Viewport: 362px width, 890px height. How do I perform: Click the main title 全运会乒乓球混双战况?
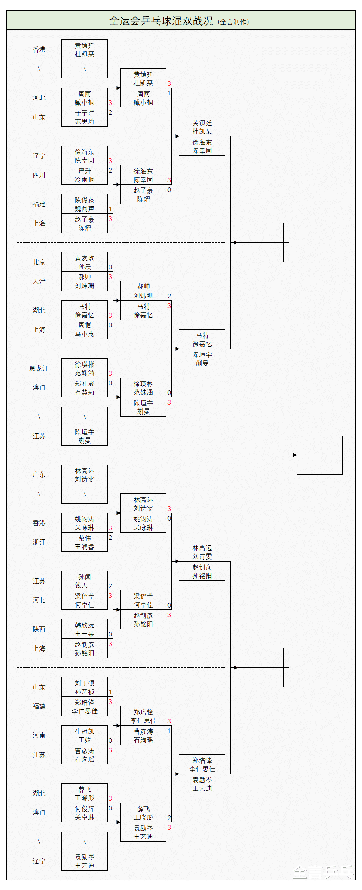pyautogui.click(x=161, y=21)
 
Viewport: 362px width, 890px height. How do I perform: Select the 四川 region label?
pyautogui.click(x=39, y=175)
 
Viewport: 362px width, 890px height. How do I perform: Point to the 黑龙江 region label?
pyautogui.click(x=39, y=368)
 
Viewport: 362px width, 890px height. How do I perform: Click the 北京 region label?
pyautogui.click(x=39, y=262)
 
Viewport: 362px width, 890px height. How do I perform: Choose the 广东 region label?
pyautogui.click(x=39, y=475)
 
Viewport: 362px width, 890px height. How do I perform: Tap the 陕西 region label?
pyautogui.click(x=39, y=629)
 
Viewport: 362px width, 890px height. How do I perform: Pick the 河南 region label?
pyautogui.click(x=39, y=735)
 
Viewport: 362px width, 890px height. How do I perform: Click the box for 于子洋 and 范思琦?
pyautogui.click(x=84, y=117)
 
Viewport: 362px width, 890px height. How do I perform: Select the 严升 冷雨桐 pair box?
pyautogui.click(x=84, y=175)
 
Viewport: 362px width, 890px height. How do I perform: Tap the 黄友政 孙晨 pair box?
pyautogui.click(x=84, y=262)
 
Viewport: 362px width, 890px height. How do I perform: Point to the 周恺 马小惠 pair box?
pyautogui.click(x=84, y=330)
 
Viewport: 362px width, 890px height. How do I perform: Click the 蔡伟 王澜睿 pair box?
pyautogui.click(x=84, y=542)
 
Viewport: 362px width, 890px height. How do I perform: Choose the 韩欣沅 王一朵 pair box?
pyautogui.click(x=84, y=629)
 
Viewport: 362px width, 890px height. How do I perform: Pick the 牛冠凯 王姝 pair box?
pyautogui.click(x=84, y=735)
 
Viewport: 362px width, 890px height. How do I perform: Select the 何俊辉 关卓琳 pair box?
pyautogui.click(x=84, y=813)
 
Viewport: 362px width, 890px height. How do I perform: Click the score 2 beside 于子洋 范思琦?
pyautogui.click(x=110, y=112)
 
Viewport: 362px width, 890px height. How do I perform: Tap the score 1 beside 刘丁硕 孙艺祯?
pyautogui.click(x=110, y=692)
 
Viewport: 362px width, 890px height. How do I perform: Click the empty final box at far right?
pyautogui.click(x=319, y=455)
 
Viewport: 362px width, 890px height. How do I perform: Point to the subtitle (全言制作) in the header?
pyautogui.click(x=234, y=22)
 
